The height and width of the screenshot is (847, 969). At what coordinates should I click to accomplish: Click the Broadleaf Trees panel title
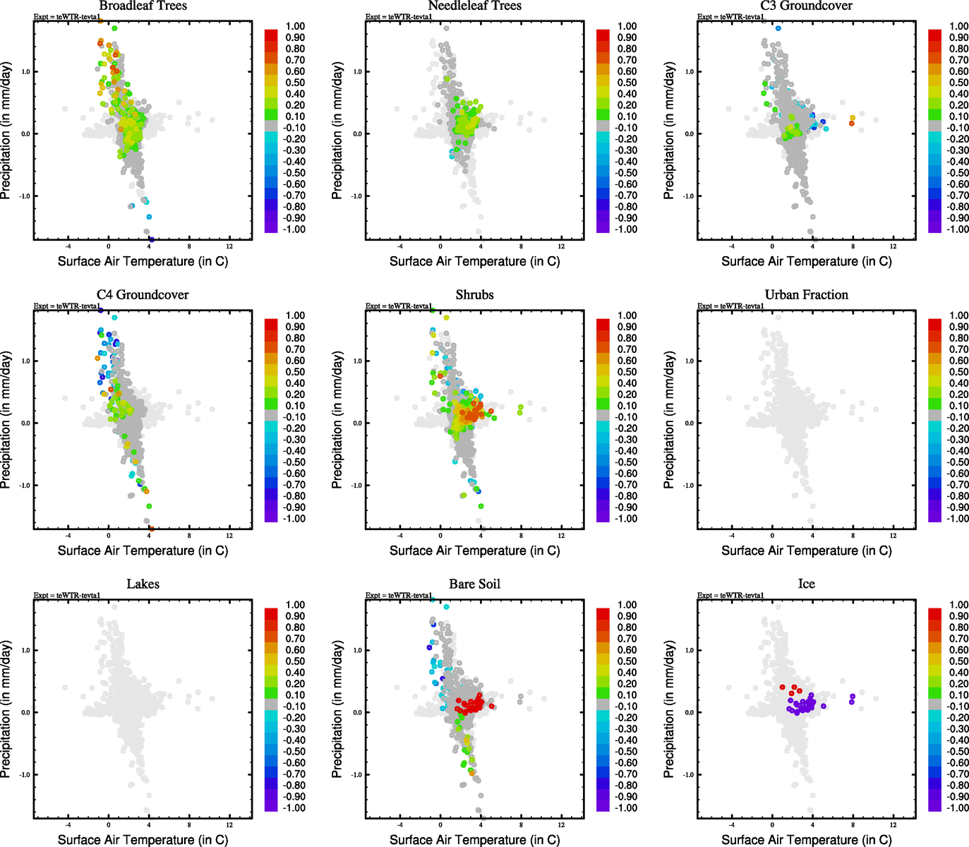pyautogui.click(x=143, y=6)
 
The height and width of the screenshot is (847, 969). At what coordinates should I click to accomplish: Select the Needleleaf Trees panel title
pyautogui.click(x=474, y=6)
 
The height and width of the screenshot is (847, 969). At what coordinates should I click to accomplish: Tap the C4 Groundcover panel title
pyautogui.click(x=143, y=295)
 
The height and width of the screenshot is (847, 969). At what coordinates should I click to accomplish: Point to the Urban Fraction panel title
pyautogui.click(x=806, y=295)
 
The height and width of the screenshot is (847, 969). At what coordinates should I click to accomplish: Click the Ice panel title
pyautogui.click(x=806, y=584)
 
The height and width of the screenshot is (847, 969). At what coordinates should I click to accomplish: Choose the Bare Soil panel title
pyautogui.click(x=474, y=584)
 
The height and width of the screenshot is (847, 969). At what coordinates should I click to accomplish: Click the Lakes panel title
pyautogui.click(x=143, y=584)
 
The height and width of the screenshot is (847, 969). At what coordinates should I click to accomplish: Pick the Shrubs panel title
pyautogui.click(x=474, y=295)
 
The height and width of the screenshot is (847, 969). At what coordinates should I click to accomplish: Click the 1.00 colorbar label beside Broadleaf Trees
pyautogui.click(x=295, y=26)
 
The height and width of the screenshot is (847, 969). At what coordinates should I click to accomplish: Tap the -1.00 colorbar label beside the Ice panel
pyautogui.click(x=958, y=808)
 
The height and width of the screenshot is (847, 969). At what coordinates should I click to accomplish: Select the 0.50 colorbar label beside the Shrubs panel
pyautogui.click(x=627, y=372)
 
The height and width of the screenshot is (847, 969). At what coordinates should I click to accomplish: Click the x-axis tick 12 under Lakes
pyautogui.click(x=229, y=824)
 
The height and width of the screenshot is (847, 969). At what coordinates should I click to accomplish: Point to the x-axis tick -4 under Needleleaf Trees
pyautogui.click(x=399, y=246)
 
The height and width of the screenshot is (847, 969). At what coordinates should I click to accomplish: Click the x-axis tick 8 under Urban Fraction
pyautogui.click(x=853, y=536)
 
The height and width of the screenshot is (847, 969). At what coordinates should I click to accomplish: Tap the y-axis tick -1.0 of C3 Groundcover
pyautogui.click(x=689, y=196)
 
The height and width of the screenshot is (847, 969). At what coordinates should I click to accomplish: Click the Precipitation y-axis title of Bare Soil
pyautogui.click(x=337, y=709)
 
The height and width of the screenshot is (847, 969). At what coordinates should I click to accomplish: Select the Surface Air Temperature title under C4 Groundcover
pyautogui.click(x=143, y=551)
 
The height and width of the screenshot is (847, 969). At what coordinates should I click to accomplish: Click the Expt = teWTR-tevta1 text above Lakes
pyautogui.click(x=67, y=596)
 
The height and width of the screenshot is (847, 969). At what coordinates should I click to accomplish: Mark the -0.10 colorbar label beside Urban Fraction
pyautogui.click(x=958, y=417)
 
